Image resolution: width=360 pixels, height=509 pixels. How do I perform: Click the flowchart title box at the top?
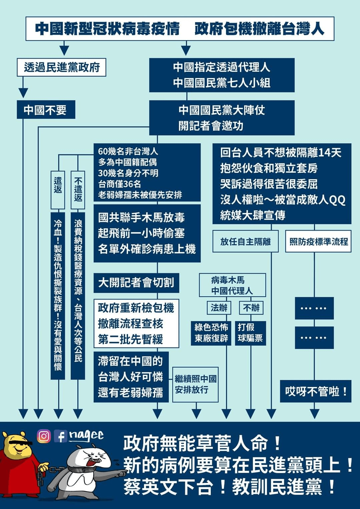click(x=180, y=29)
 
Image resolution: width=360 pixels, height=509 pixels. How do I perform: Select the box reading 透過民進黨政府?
click(x=62, y=67)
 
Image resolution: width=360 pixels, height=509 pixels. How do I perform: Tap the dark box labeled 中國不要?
click(x=46, y=110)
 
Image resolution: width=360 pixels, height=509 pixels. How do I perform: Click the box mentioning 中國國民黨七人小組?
click(x=222, y=75)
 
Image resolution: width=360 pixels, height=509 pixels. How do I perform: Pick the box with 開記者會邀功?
click(x=222, y=118)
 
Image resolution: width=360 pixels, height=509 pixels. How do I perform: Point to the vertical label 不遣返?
click(x=78, y=190)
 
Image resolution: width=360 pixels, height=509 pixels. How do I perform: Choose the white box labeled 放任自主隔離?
click(x=245, y=241)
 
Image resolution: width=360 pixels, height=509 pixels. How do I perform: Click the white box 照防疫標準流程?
click(x=318, y=241)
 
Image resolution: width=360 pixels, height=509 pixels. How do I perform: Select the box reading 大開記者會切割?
click(x=136, y=283)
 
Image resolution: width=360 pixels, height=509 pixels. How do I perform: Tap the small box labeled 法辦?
click(x=219, y=308)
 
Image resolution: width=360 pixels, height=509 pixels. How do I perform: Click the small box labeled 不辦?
click(x=251, y=308)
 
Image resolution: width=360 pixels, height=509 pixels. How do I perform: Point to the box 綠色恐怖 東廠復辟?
click(x=211, y=333)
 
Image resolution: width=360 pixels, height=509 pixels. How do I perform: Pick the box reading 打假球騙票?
click(x=250, y=333)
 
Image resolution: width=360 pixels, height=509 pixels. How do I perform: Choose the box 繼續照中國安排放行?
click(x=195, y=384)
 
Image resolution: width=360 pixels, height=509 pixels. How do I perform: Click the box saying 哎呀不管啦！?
click(x=315, y=391)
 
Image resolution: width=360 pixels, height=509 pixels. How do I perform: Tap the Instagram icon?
click(x=44, y=436)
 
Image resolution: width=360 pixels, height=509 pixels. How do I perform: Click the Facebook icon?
click(x=60, y=436)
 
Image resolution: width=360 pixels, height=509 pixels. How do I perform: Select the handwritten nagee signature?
click(x=86, y=435)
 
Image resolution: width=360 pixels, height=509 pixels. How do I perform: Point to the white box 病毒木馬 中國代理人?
click(x=232, y=285)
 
